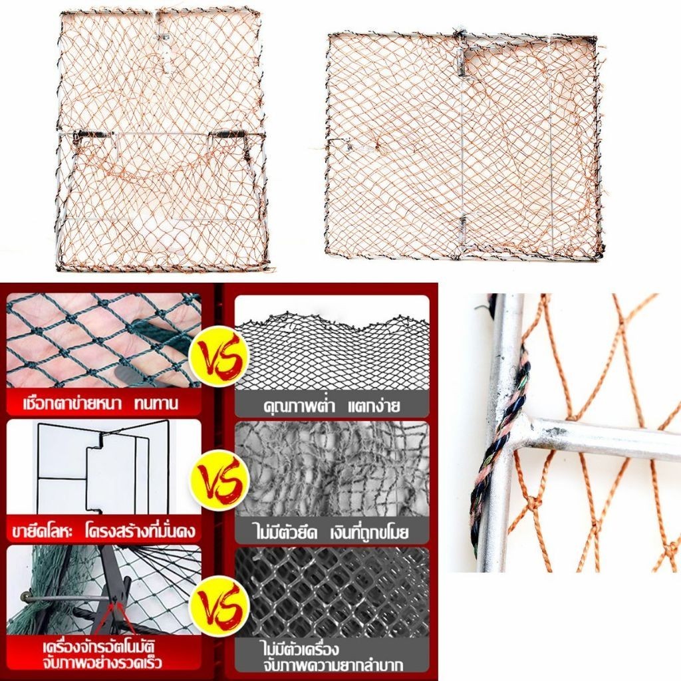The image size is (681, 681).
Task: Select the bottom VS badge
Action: click(222, 605)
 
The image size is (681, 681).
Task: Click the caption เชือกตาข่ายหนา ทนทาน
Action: click(101, 404)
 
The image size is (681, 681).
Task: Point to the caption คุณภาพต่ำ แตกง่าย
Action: click(331, 406)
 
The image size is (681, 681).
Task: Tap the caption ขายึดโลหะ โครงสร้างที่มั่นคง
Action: click(104, 530)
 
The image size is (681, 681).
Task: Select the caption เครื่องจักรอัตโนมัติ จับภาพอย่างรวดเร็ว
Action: click(102, 654)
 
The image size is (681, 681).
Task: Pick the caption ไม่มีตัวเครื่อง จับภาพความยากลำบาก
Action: click(333, 656)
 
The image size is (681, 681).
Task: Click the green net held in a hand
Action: click(104, 340)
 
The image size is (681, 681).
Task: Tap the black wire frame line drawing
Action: click(102, 466)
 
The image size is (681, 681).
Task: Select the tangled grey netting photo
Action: click(332, 468)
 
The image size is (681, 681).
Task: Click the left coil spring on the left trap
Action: click(93, 135)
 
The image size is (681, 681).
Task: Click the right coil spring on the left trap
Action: click(226, 133)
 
